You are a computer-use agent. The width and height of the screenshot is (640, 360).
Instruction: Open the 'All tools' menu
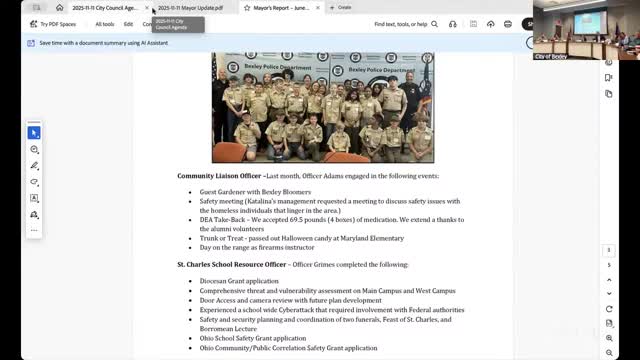click(x=104, y=24)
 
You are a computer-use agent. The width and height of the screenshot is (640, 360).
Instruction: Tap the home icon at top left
click(x=59, y=7)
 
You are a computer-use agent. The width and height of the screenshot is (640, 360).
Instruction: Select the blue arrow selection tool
click(x=34, y=132)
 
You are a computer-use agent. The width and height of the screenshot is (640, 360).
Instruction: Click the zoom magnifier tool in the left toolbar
click(x=34, y=149)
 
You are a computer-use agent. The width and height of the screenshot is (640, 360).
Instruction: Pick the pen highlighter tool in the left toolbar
click(x=34, y=166)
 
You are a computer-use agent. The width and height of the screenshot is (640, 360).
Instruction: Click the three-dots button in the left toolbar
click(x=34, y=230)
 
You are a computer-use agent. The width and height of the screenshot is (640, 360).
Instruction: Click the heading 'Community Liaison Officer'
click(x=220, y=176)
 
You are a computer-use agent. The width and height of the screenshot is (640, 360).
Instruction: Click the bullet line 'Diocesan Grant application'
click(x=239, y=281)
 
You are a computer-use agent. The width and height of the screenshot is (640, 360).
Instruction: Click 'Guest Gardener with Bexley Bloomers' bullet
click(x=255, y=192)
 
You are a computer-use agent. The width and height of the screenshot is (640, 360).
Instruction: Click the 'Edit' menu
click(x=128, y=24)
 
